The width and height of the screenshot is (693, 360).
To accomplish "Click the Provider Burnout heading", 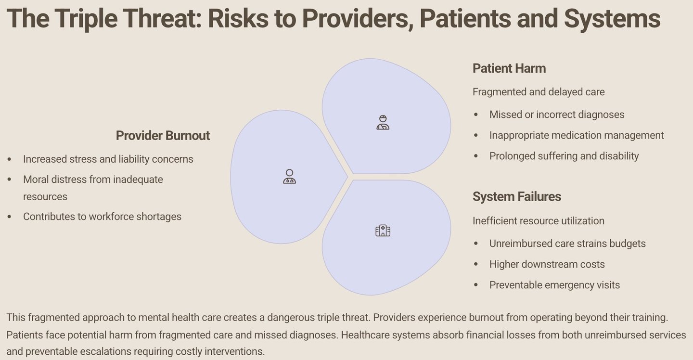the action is tap(163, 135).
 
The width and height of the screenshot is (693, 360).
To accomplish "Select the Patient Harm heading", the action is tap(509, 68).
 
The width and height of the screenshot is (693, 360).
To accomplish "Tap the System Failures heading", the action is tap(517, 197).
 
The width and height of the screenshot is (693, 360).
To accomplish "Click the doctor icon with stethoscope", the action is tap(289, 177).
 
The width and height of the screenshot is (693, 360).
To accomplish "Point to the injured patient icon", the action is tap(383, 122).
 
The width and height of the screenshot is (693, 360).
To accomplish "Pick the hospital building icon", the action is tap(383, 231).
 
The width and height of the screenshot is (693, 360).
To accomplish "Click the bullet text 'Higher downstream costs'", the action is tap(547, 264).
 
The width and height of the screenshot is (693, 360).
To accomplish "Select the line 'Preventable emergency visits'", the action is tap(554, 285).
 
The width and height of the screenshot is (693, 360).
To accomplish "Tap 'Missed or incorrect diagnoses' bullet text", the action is tap(557, 115).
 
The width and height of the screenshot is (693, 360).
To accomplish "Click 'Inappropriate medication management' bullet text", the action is tap(577, 135).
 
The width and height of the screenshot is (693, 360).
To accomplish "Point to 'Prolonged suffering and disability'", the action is tap(564, 156).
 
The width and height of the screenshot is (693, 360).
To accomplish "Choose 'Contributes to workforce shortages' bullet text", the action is tap(102, 217).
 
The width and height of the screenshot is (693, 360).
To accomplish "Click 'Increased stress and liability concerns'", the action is tap(108, 159).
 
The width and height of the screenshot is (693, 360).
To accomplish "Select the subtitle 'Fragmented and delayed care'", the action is tap(539, 92).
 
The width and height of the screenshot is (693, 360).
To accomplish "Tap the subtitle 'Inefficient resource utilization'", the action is tap(539, 221).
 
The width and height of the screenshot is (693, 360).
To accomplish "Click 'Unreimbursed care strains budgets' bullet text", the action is tap(567, 244).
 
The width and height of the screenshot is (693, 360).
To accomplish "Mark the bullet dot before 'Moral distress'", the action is tap(9, 180).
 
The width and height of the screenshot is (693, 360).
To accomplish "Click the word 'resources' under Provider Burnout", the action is tap(45, 197).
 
